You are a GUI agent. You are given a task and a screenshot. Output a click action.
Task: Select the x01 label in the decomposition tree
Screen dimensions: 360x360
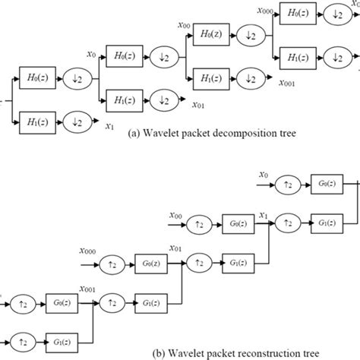pyautogui.click(x=198, y=105)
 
